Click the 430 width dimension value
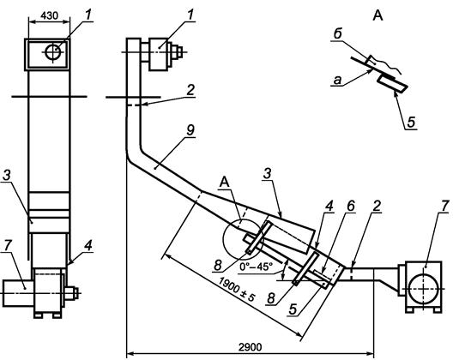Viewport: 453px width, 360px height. pos(49,15)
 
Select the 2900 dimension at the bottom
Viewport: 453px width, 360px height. pos(251,347)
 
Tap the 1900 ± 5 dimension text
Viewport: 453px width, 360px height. pos(236,290)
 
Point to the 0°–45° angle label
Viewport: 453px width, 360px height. pos(256,267)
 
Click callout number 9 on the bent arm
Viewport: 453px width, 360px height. pos(190,130)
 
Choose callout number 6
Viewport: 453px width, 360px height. pos(350,206)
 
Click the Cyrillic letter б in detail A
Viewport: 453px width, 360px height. pos(337,34)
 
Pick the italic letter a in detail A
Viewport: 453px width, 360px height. pos(337,81)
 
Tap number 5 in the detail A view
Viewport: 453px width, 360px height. pos(411,122)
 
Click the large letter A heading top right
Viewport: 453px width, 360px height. pos(377,15)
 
